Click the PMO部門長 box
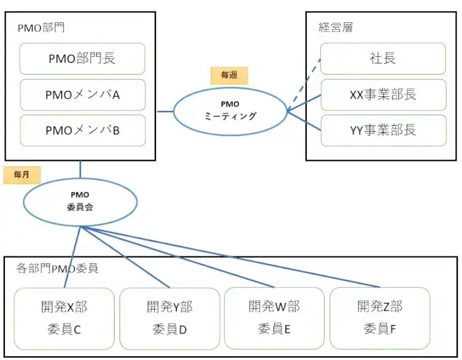pos(83,59)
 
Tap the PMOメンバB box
pos(83,130)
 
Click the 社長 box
pos(383,59)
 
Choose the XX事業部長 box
pos(383,94)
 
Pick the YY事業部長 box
pos(383,130)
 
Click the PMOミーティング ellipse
pos(230,110)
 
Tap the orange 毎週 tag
pos(229,75)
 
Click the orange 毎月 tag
pos(21,175)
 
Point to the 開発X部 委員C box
pos(64,318)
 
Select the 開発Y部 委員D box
pos(169,318)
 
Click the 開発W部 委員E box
pos(274,318)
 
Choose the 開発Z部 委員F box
pos(379,318)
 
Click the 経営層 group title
pos(336,27)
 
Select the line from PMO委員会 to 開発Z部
pos(234,257)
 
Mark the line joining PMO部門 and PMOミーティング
pos(164,112)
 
